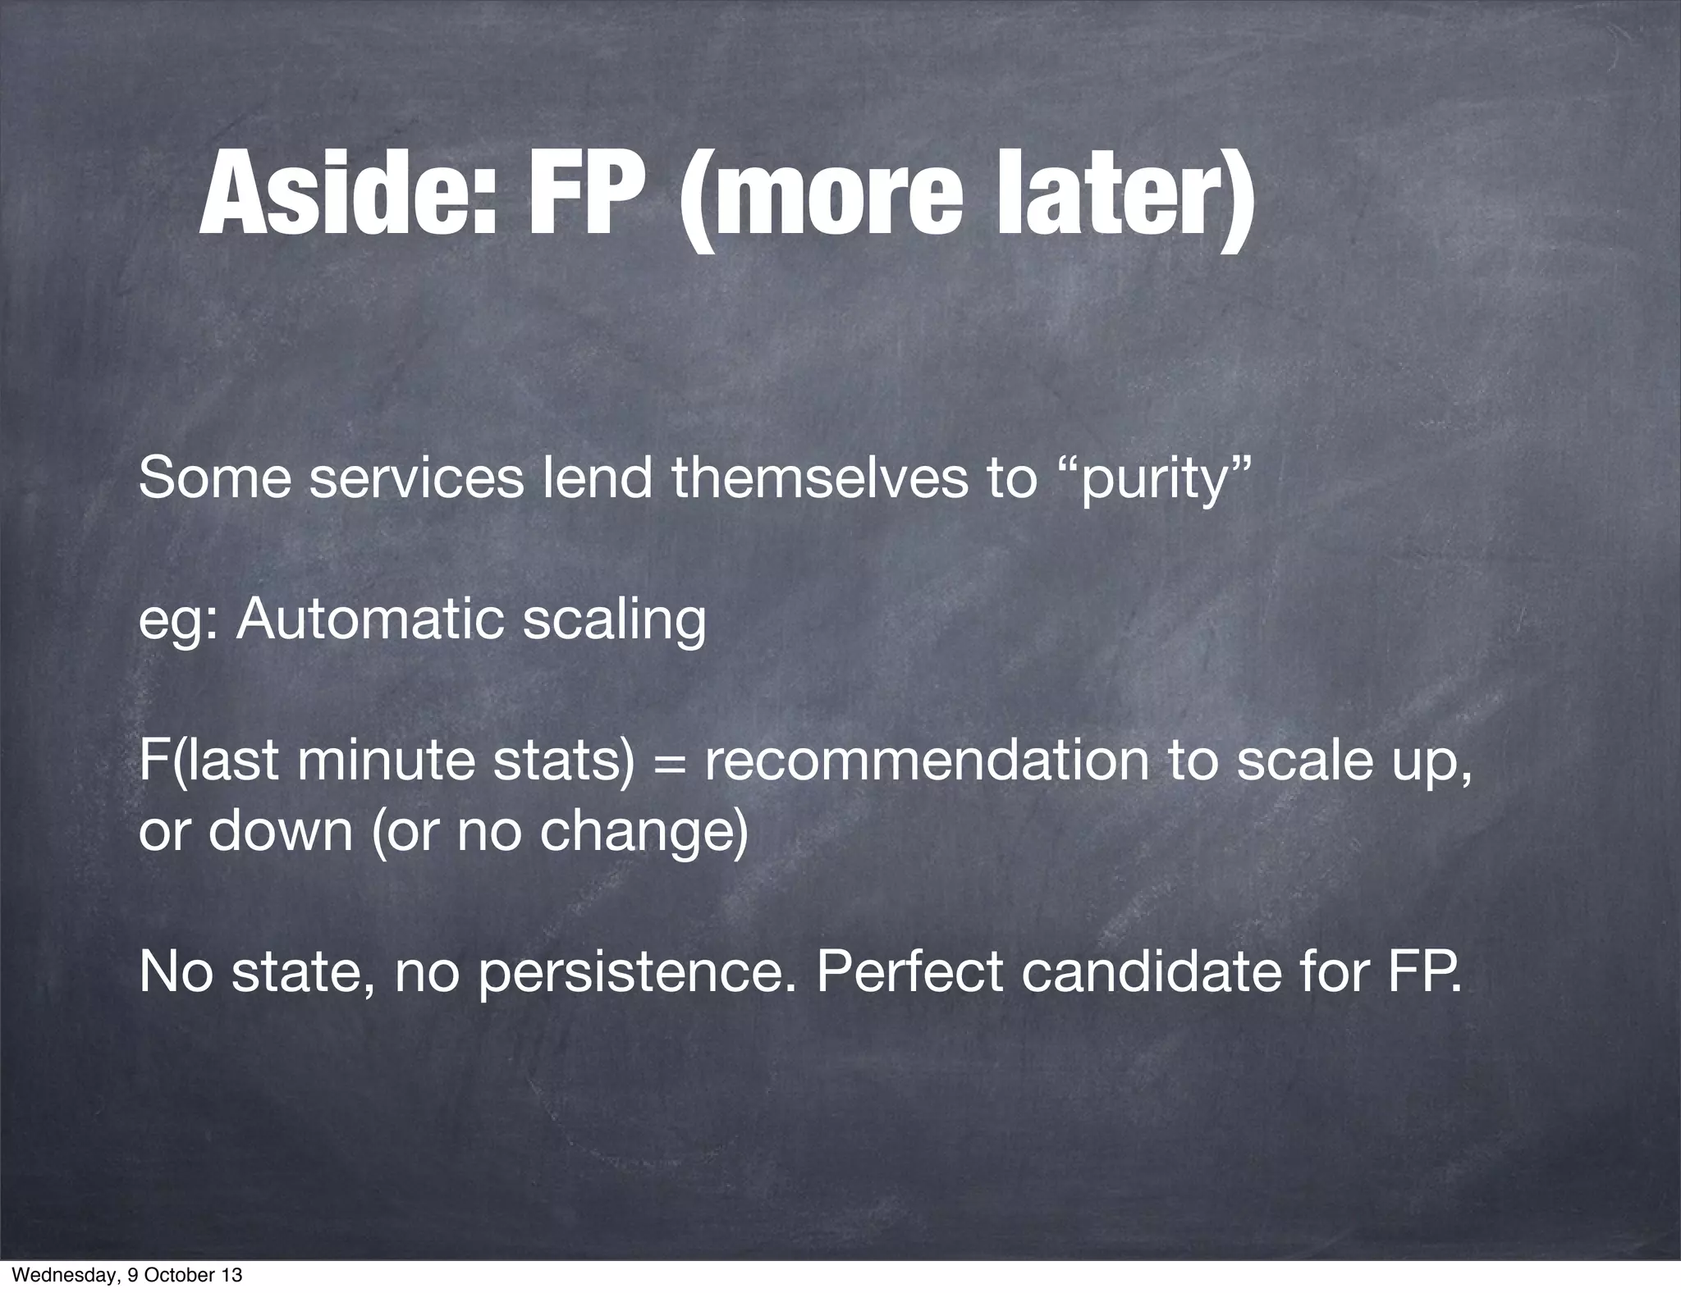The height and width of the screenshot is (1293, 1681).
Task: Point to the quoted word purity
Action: coord(1157,479)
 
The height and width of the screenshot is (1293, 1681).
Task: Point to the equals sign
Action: coord(669,761)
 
